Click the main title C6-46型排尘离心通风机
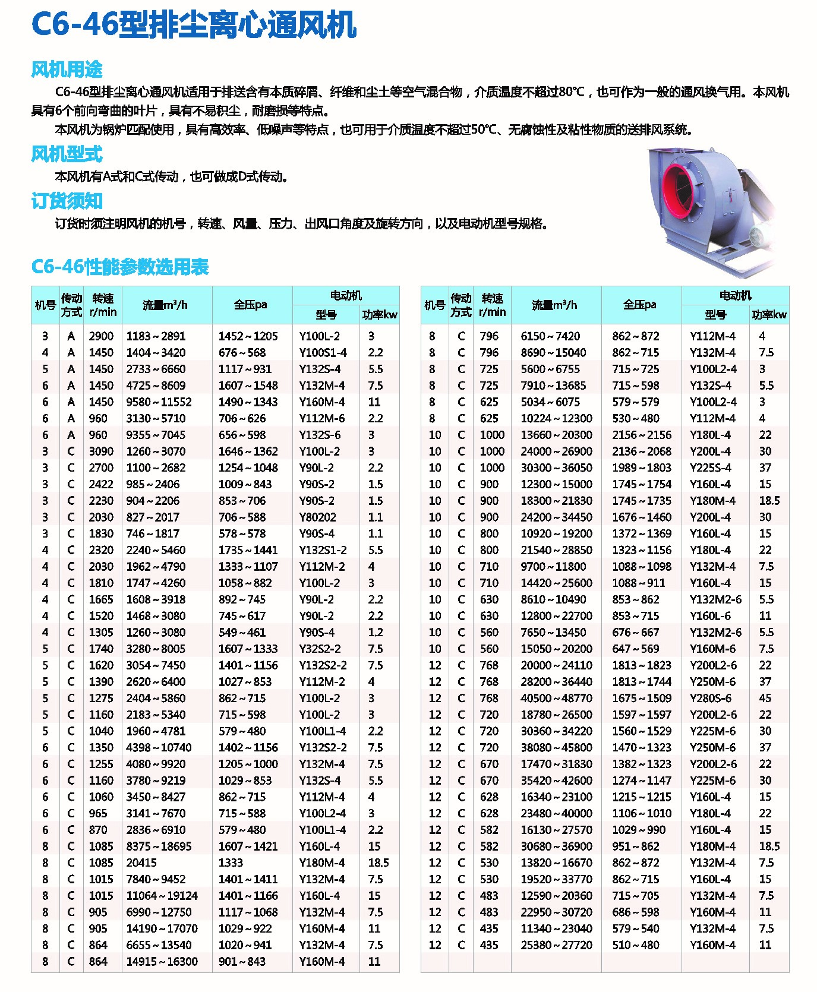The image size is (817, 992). pyautogui.click(x=193, y=25)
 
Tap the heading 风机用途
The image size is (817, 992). pyautogui.click(x=67, y=69)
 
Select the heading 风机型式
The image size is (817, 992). pyautogui.click(x=67, y=154)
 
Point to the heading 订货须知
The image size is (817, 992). pyautogui.click(x=67, y=201)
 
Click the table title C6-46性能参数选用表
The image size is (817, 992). pyautogui.click(x=120, y=267)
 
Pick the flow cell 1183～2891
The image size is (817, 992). pyautogui.click(x=156, y=336)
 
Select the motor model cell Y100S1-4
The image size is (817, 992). pyautogui.click(x=323, y=353)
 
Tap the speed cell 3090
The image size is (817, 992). pyautogui.click(x=101, y=451)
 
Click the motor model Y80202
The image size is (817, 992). pyautogui.click(x=317, y=517)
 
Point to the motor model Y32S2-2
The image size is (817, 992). pyautogui.click(x=323, y=649)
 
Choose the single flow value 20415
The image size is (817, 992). pyautogui.click(x=141, y=863)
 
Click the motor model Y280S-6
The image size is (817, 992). pyautogui.click(x=711, y=699)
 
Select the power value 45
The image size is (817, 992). pyautogui.click(x=765, y=699)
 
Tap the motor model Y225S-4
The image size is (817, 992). pyautogui.click(x=711, y=468)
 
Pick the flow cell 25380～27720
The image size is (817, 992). pyautogui.click(x=556, y=945)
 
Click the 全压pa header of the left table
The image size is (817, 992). pyautogui.click(x=250, y=305)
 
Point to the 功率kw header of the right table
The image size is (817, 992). pyautogui.click(x=769, y=315)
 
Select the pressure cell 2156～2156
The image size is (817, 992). pyautogui.click(x=642, y=435)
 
